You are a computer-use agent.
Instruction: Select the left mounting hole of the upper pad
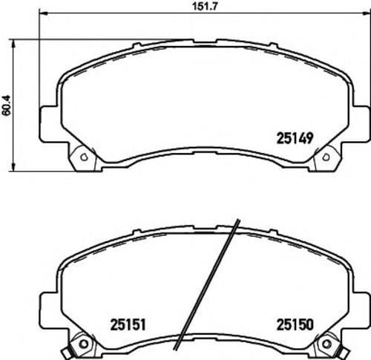pos(83,157)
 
